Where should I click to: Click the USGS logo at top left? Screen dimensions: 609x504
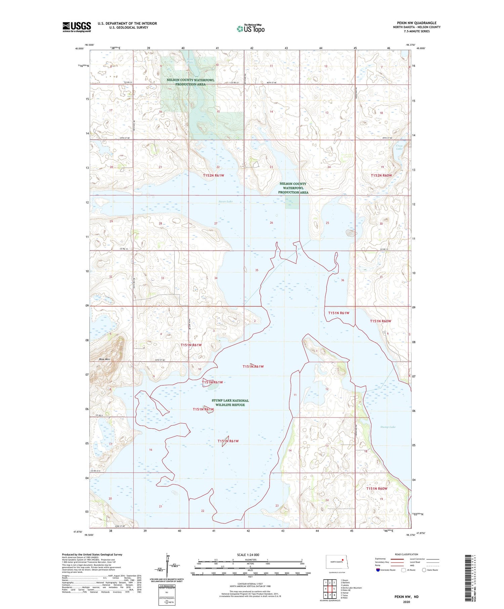coord(77,27)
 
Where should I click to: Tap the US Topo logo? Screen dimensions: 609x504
coord(251,29)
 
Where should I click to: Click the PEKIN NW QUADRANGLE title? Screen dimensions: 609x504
coord(417,23)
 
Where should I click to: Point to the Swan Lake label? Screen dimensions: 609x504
coord(225,202)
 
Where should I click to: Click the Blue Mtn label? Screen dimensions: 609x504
coord(104,359)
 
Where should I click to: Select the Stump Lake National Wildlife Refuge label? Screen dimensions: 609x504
coord(230,402)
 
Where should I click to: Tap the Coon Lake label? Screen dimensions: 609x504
coord(399,147)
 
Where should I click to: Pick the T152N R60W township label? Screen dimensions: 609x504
coord(381,175)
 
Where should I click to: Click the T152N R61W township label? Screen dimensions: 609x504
coord(213,175)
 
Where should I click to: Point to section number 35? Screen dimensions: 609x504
coord(257,270)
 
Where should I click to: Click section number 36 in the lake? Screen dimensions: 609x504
coord(342,280)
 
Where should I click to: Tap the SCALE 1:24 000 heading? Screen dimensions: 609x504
coord(248,555)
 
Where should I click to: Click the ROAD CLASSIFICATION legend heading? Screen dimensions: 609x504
coord(407,554)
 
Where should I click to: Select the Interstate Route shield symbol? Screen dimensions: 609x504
coord(378,570)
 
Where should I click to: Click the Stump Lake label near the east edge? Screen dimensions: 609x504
coord(388,427)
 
